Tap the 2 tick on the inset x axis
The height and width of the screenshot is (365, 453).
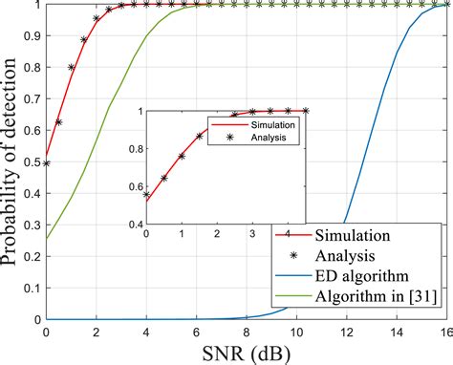[200, 233]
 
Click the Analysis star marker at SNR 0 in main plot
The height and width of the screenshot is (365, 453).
[46, 163]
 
